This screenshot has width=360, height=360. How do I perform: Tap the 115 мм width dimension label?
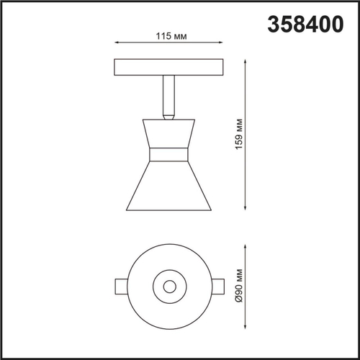pos(169,36)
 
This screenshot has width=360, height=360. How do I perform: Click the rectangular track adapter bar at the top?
pos(169,68)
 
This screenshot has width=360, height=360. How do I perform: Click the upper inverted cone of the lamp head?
pos(169,133)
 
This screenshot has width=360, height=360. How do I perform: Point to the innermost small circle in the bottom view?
pos(169,286)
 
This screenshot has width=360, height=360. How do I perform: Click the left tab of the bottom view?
pos(122,286)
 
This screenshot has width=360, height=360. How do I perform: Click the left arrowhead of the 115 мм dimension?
pos(117,45)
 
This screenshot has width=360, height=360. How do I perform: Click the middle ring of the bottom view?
pos(169,271)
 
